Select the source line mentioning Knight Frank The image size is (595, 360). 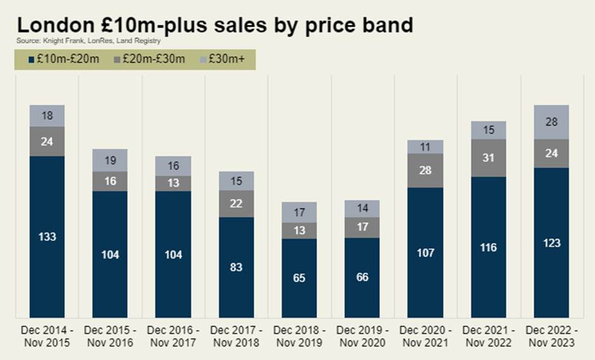point(88,41)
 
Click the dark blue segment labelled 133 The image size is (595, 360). point(47,237)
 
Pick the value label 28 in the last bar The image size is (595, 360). point(551,122)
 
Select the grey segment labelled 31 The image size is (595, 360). point(489,158)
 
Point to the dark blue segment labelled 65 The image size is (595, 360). point(299,278)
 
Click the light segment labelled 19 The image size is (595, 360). point(110,160)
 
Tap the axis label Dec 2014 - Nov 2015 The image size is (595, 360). point(47,337)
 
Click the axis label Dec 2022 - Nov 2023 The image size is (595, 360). point(552,337)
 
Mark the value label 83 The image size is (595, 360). point(237,268)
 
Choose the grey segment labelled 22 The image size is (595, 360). point(237,204)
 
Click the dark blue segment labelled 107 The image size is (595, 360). point(425,252)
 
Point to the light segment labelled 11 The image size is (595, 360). point(425,147)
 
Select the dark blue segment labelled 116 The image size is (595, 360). point(489,247)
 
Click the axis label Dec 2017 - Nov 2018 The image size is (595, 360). point(237,337)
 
